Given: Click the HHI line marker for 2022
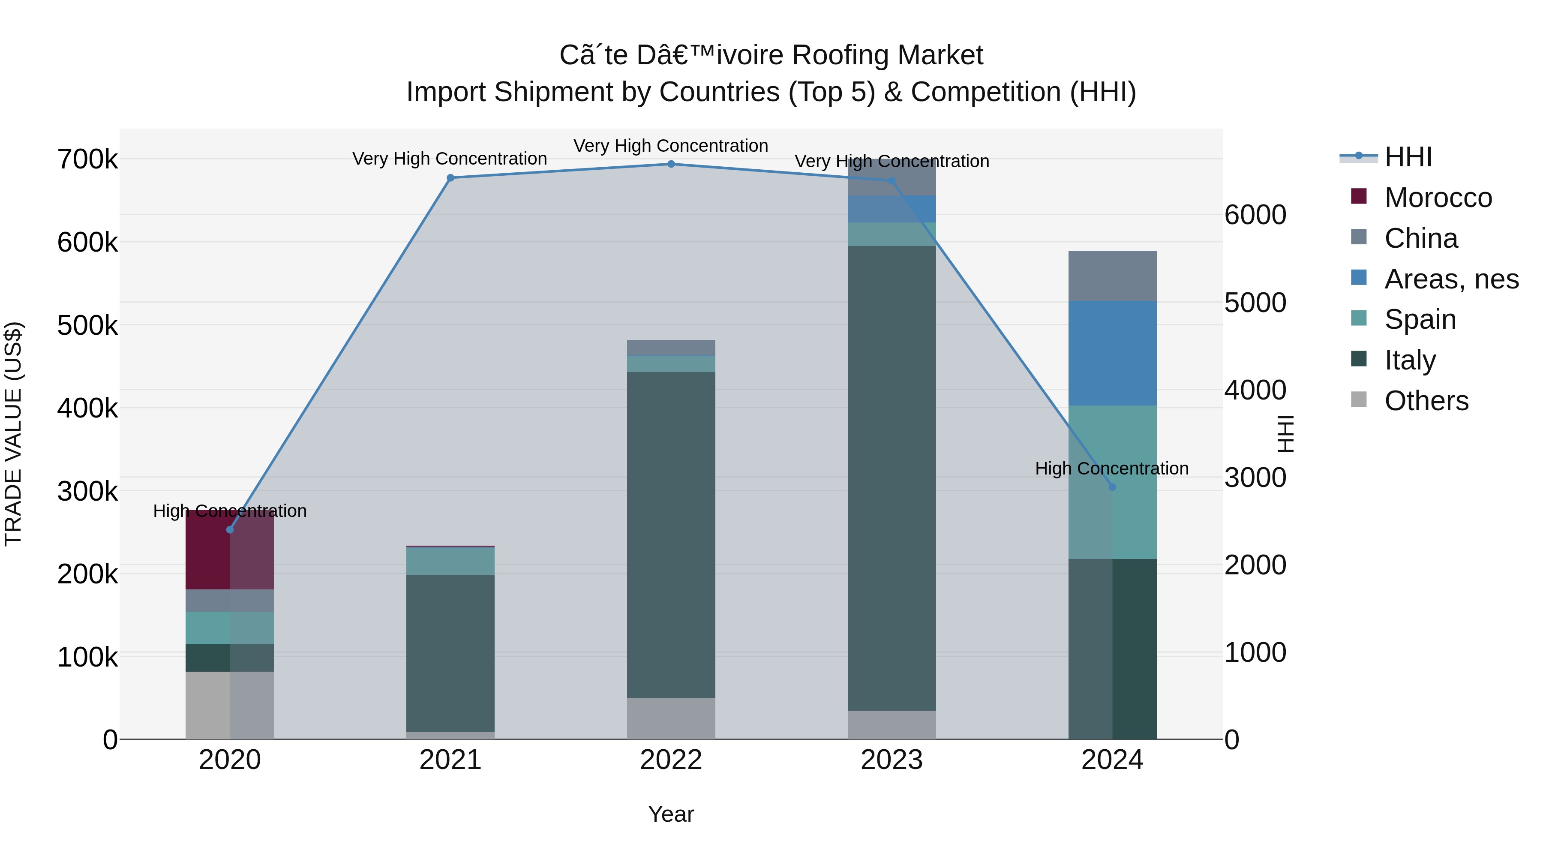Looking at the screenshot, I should click(x=671, y=164).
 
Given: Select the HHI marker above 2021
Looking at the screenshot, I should click(x=450, y=177).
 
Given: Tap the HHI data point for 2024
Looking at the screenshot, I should click(x=1112, y=487).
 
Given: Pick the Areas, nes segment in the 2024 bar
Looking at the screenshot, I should click(x=1112, y=354).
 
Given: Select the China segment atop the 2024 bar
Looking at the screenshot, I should click(x=1112, y=276).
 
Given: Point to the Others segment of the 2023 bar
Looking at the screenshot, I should click(x=892, y=724).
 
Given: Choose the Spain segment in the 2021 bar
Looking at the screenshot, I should click(x=450, y=561).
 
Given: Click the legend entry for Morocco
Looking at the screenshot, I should click(x=1438, y=198).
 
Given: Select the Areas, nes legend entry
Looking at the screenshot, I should click(x=1451, y=279).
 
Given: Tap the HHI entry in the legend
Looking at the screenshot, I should click(x=1408, y=157).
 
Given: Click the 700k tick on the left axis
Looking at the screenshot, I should click(x=87, y=160).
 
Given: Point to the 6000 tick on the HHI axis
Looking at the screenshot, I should click(x=1255, y=215).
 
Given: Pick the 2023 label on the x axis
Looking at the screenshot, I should click(x=892, y=760).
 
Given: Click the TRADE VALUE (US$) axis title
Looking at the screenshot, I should click(x=13, y=434).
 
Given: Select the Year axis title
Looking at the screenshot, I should click(x=671, y=814).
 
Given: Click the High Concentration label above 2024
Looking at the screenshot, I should click(x=1112, y=469).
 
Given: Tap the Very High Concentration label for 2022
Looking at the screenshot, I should click(x=671, y=146).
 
